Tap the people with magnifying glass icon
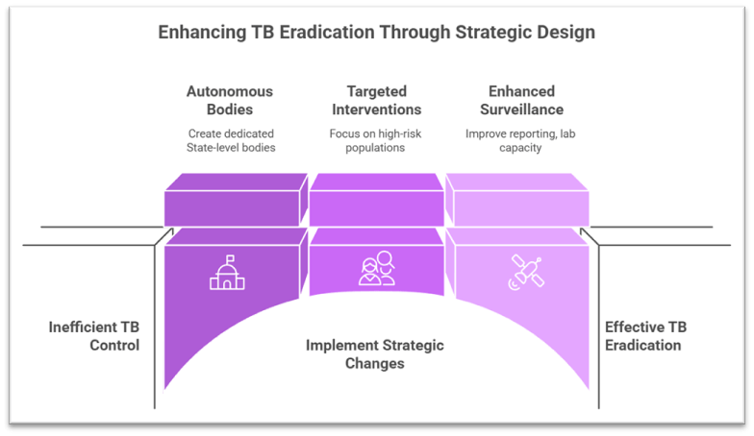[376, 268]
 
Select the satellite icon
[525, 271]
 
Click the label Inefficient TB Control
[94, 336]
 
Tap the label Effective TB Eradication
[645, 336]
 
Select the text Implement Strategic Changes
[375, 354]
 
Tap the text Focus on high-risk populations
[376, 140]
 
